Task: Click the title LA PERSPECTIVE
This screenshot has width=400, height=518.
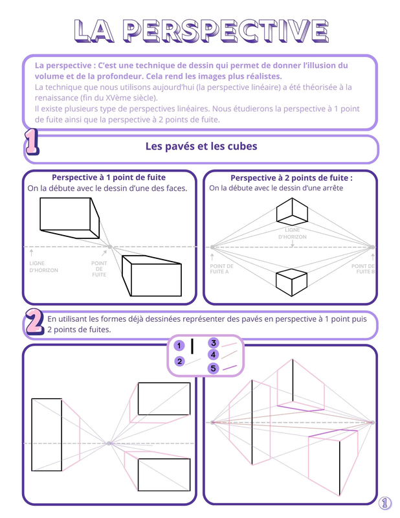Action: (x=201, y=31)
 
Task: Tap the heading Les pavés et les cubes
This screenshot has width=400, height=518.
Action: (x=201, y=146)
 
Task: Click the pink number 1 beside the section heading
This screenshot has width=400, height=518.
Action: (x=32, y=142)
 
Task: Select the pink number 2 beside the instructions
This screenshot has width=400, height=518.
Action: (x=35, y=321)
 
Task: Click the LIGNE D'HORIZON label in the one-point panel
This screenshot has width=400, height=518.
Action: (x=43, y=267)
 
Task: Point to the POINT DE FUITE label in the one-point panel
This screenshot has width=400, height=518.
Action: (x=99, y=269)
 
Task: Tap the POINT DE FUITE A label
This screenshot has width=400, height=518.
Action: (x=221, y=269)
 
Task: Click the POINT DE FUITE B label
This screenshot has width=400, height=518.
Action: (x=363, y=269)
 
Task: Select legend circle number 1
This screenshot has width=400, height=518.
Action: (x=179, y=346)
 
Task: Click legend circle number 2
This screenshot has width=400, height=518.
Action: (x=179, y=361)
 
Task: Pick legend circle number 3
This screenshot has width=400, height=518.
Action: (x=214, y=343)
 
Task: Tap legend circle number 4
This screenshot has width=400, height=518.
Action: (x=214, y=355)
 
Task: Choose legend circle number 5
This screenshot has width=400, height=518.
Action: (x=214, y=368)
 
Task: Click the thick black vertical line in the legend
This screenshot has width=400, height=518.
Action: (x=192, y=346)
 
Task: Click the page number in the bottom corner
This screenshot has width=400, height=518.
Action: (x=385, y=503)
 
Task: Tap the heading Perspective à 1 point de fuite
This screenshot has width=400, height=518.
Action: (x=109, y=177)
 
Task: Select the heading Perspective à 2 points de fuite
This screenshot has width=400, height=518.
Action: (x=292, y=178)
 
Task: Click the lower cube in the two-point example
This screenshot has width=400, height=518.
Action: (x=292, y=282)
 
